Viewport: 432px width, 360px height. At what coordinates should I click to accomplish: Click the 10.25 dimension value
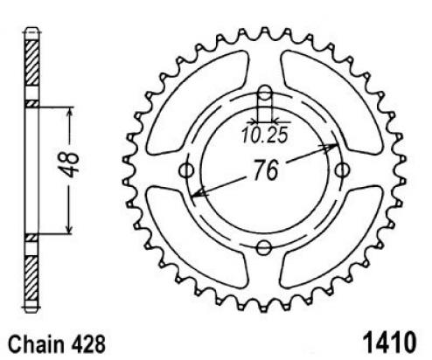coord(265,135)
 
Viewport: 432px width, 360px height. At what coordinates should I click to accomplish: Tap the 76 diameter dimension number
coord(266,170)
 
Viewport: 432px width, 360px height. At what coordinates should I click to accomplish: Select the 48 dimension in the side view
coord(71,164)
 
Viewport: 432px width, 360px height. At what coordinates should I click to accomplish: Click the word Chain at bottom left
coord(36,344)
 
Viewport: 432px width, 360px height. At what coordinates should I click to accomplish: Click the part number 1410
coord(389,343)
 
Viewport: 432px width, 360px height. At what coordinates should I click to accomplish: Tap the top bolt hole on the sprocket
coord(265,93)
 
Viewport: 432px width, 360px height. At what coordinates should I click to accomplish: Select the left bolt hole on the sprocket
coord(186,170)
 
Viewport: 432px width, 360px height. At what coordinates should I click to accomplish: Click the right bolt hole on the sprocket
coord(342,170)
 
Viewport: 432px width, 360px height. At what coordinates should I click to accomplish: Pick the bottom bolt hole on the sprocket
coord(264,248)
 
